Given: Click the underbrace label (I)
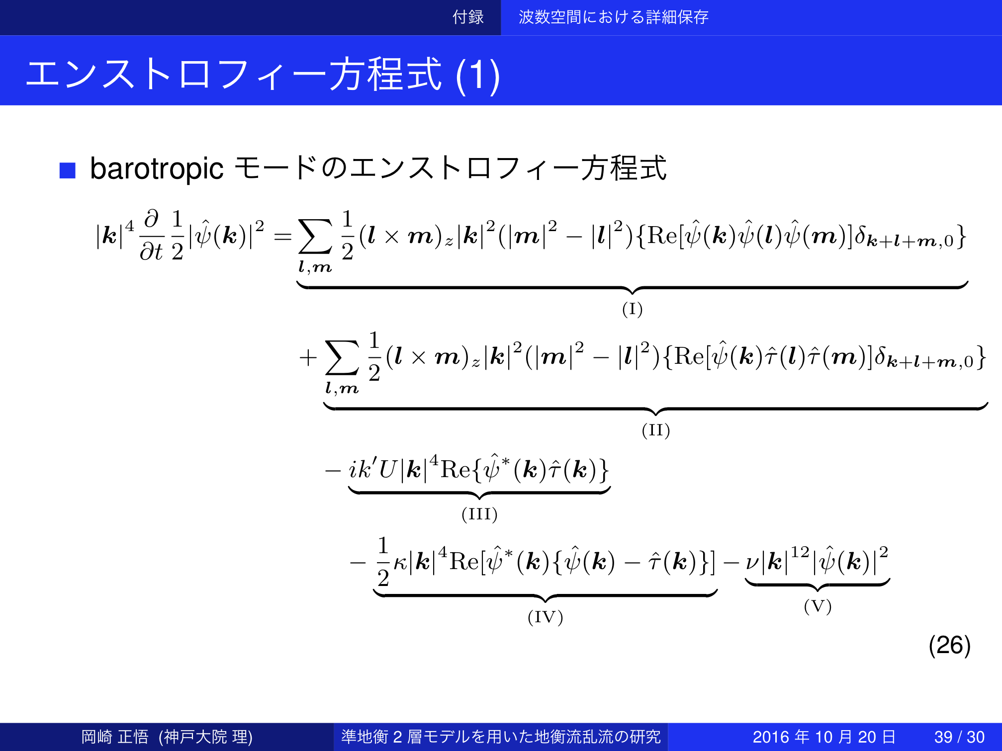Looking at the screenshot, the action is [632, 309].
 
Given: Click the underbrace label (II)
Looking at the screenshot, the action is [656, 430].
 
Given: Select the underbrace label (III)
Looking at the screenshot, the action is [479, 514].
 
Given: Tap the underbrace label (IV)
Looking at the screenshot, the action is [545, 617].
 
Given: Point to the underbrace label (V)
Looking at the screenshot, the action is [818, 606].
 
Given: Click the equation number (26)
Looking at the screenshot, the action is [949, 645].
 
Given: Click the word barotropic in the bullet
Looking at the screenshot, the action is [157, 169].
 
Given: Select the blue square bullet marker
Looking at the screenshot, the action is [67, 170].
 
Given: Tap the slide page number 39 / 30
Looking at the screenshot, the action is [959, 737].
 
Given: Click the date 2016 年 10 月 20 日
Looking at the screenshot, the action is [824, 737].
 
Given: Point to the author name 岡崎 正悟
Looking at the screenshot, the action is [115, 737].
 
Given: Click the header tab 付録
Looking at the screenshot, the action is [468, 17].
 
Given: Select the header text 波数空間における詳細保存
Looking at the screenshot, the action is [614, 17].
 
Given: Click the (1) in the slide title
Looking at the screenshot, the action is [477, 76].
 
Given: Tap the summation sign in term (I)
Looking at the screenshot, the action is [315, 237].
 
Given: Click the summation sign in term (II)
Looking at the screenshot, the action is [342, 357].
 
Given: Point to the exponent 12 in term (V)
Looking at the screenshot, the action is [800, 552].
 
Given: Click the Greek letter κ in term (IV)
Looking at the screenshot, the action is [400, 564].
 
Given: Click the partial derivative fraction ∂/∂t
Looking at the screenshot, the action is [151, 235].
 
